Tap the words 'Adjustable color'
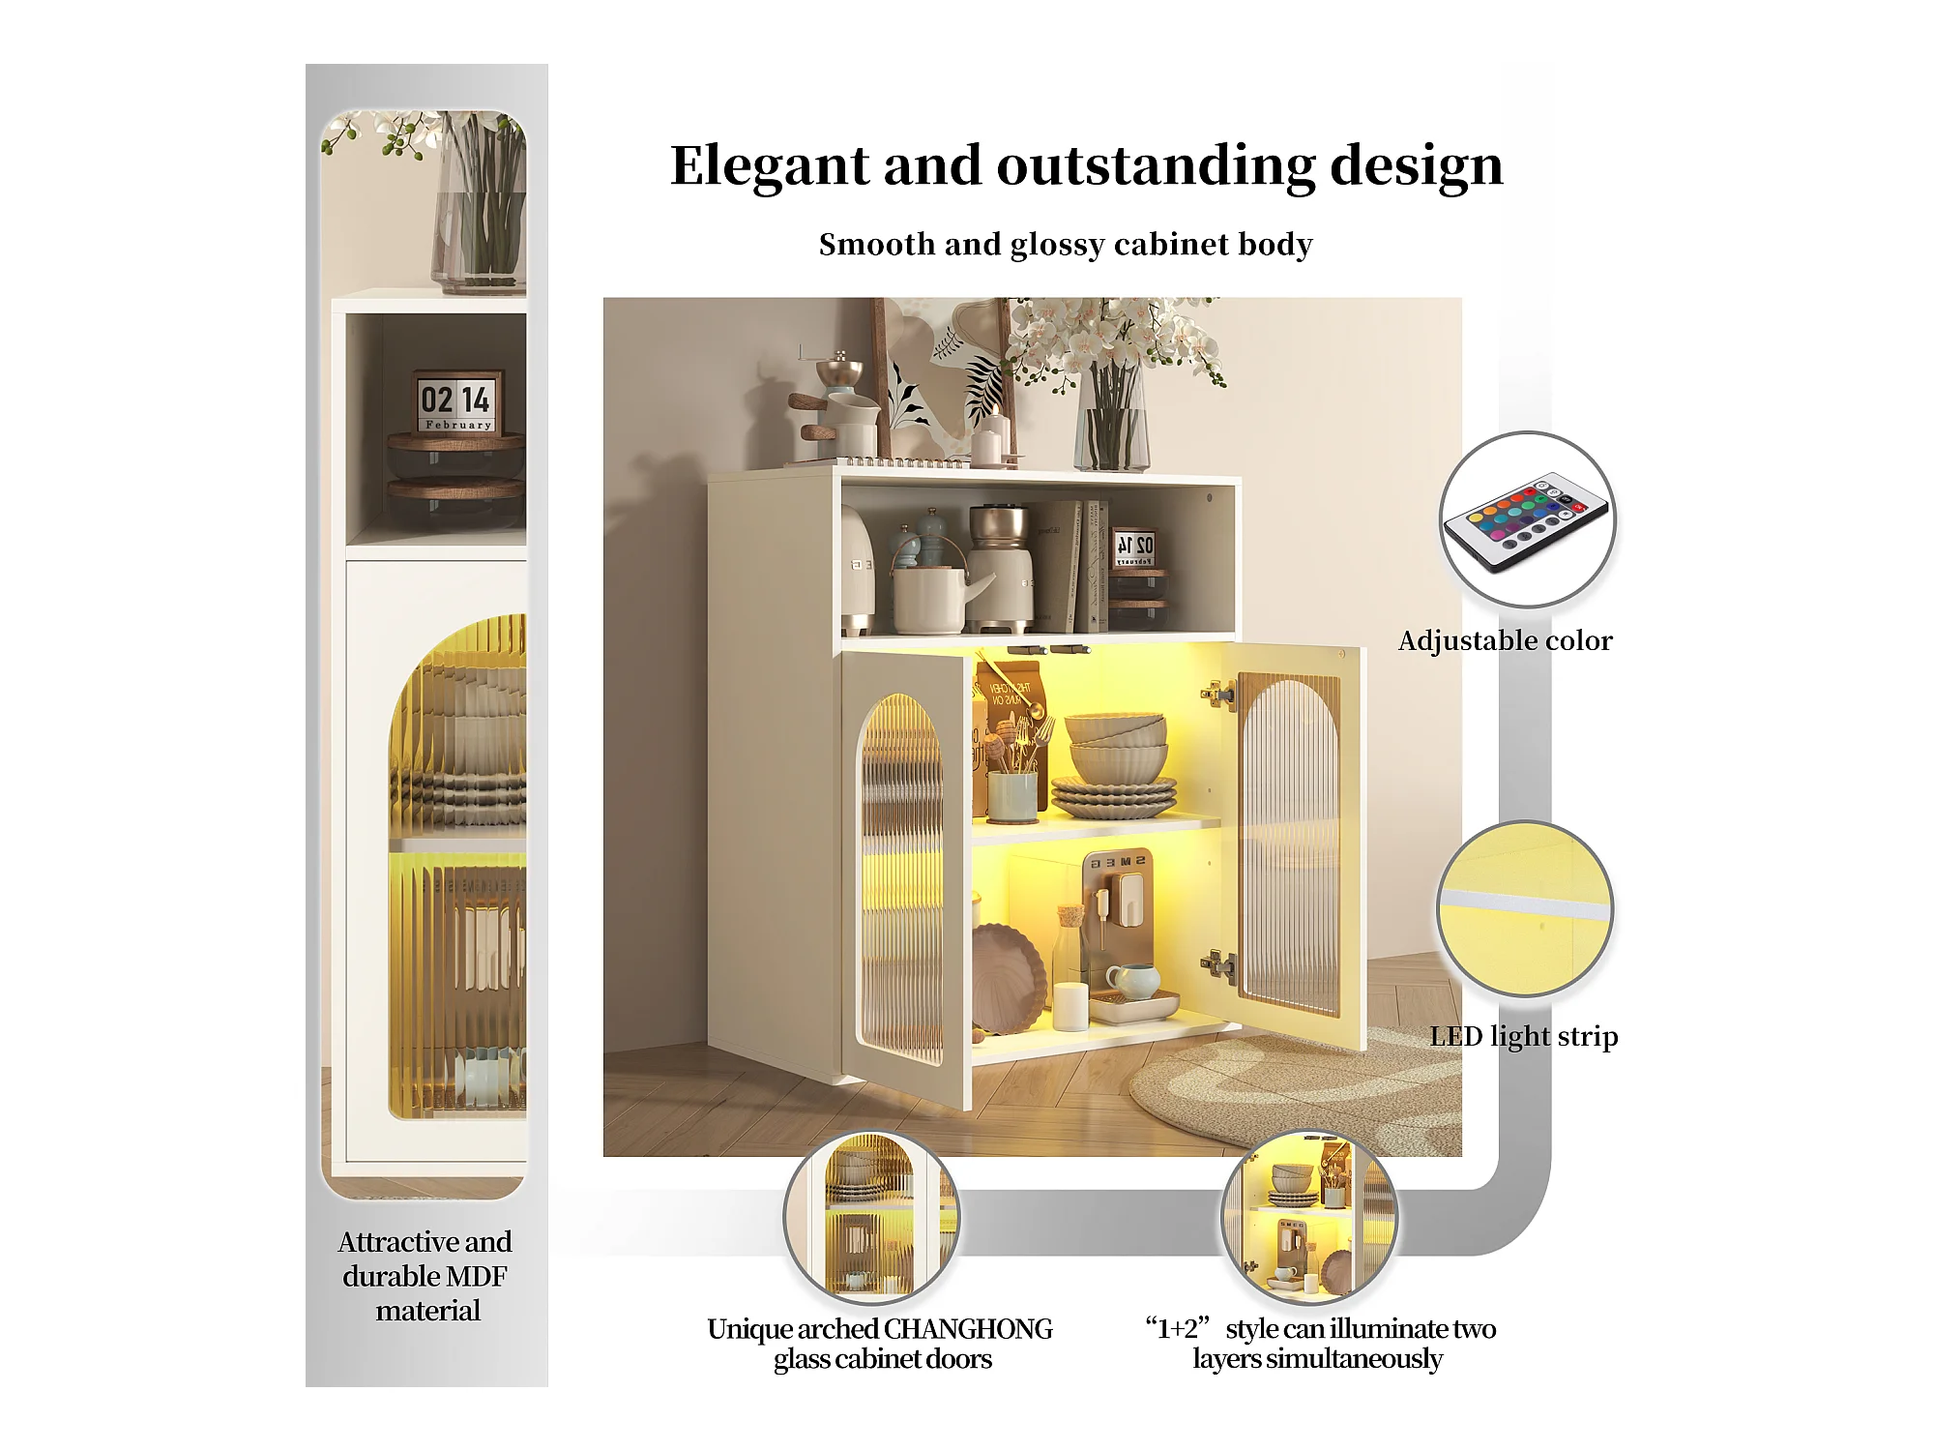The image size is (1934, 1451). coord(1505,640)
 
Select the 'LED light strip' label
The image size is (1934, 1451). coord(1523,1036)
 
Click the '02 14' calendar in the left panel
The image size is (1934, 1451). coord(456,400)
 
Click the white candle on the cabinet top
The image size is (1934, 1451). coord(991,440)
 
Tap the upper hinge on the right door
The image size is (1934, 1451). coord(1218,693)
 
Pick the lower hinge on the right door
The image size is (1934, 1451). coord(1218,963)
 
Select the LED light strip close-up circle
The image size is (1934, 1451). coord(1525,909)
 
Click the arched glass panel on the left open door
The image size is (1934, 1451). coord(901,880)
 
